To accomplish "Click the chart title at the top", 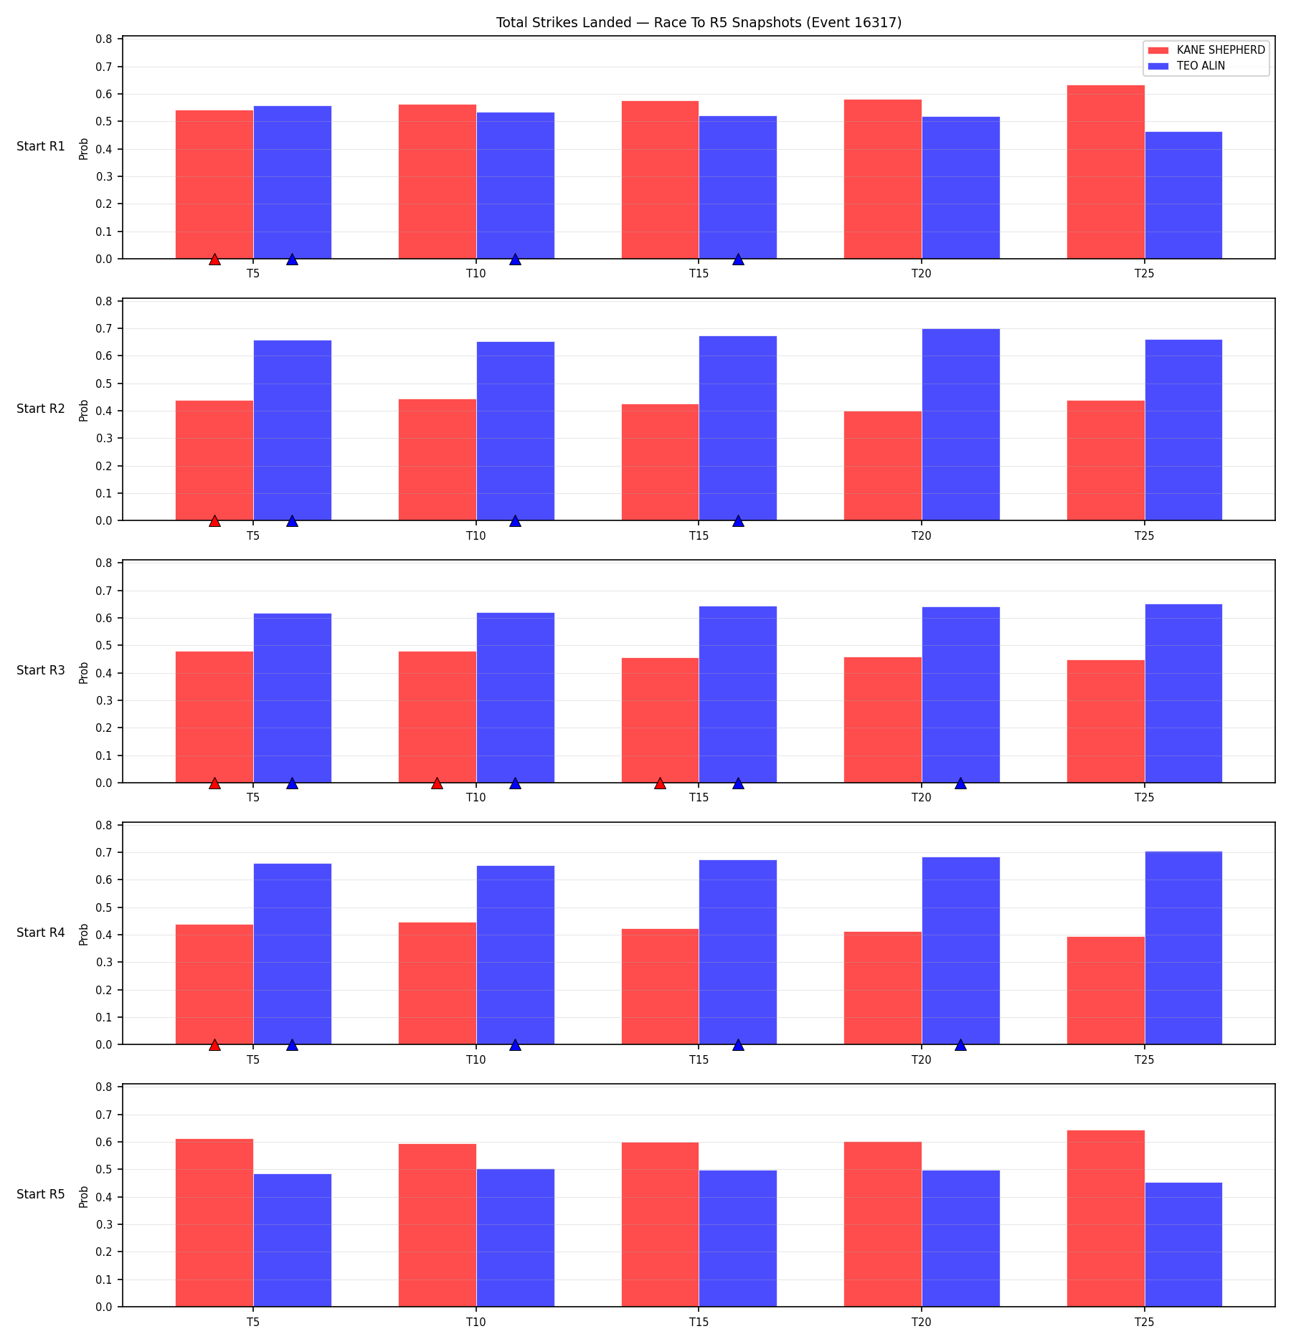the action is click(x=699, y=22).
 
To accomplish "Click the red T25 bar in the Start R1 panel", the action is click(x=1105, y=172).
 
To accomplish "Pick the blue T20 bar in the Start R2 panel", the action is click(x=960, y=424).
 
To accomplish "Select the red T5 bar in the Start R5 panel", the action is click(x=214, y=1223).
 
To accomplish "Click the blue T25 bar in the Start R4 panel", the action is click(x=1183, y=948).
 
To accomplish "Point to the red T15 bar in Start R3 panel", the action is click(x=660, y=720).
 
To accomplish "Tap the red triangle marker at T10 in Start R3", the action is click(x=437, y=783).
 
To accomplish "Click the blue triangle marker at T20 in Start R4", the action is click(x=960, y=1045).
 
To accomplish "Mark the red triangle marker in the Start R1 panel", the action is click(x=214, y=259).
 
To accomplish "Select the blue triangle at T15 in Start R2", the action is click(x=738, y=520).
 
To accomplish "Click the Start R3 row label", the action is click(x=41, y=670).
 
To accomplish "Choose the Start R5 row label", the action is click(x=41, y=1194).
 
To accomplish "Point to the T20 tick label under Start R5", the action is click(x=922, y=1322).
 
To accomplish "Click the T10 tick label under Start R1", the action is click(x=476, y=273).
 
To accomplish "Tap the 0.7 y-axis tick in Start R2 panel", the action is click(x=105, y=328).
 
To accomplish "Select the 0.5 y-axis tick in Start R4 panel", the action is click(x=105, y=907).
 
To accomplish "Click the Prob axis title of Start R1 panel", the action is click(x=84, y=148).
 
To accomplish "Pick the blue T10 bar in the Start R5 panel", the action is click(x=515, y=1238).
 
